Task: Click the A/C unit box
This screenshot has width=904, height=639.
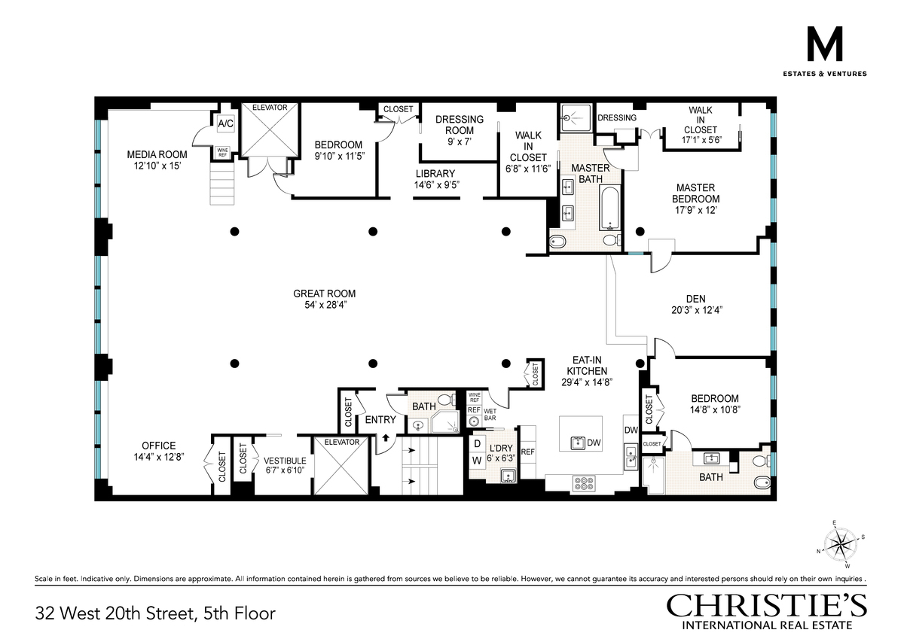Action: point(225,123)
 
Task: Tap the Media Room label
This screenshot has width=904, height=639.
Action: point(157,154)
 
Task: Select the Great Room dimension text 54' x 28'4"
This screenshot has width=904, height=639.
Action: point(325,305)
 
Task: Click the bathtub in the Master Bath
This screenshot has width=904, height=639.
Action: point(609,208)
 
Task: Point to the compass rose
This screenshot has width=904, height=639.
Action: point(841,545)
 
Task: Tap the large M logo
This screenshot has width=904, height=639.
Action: point(824,44)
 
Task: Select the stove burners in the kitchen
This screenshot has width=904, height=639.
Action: point(584,483)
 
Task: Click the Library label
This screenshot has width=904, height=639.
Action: point(435,173)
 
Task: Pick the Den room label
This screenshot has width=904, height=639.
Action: point(696,299)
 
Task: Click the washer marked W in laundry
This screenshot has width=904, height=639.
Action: point(477,461)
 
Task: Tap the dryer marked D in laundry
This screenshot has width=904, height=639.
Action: point(478,444)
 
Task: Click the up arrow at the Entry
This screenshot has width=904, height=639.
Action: point(386,437)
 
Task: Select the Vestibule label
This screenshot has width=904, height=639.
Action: point(285,461)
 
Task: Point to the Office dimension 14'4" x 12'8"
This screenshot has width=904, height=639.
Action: point(159,457)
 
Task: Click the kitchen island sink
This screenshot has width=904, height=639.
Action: point(579,443)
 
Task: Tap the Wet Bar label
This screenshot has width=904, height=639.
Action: point(490,415)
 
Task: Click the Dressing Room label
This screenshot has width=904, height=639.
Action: point(460,125)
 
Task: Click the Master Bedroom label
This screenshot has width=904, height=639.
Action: point(696,193)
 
